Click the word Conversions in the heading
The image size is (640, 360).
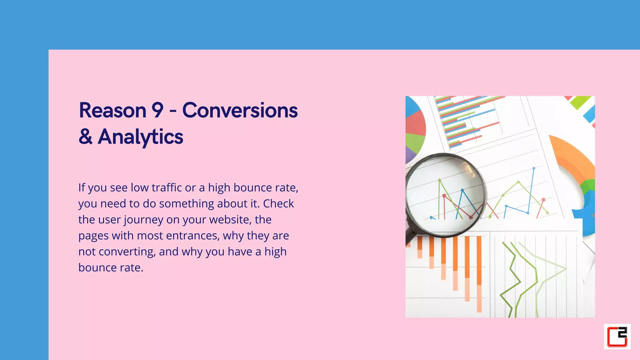click(x=240, y=111)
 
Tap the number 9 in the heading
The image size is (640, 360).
click(x=157, y=111)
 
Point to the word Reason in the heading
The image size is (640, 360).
click(x=112, y=111)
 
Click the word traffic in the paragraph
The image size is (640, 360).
click(x=167, y=187)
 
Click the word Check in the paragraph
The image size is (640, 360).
click(x=278, y=204)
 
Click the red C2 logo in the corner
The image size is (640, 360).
click(x=617, y=337)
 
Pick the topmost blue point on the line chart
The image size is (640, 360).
click(x=534, y=168)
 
